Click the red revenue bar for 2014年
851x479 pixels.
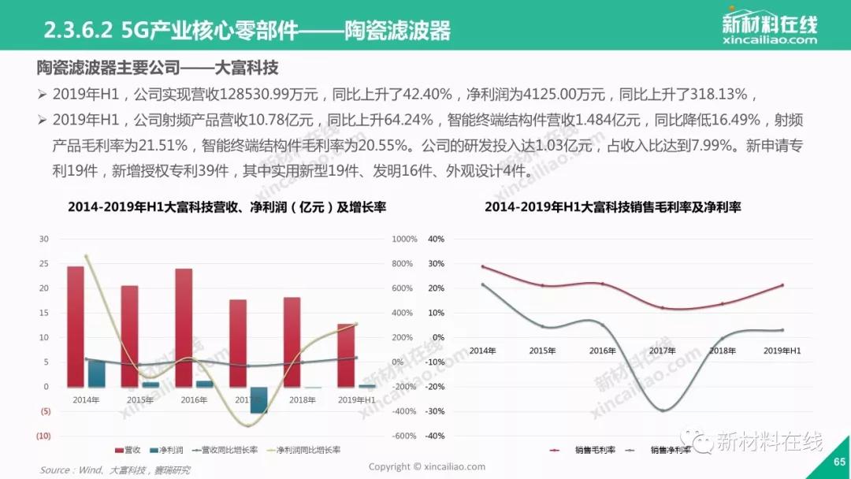point(75,326)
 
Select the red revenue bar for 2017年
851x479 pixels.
point(237,343)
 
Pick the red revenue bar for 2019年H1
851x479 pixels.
point(345,355)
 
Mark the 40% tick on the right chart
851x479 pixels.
point(435,239)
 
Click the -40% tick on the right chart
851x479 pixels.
point(434,436)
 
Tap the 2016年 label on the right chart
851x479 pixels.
point(602,350)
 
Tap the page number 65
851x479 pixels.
point(838,462)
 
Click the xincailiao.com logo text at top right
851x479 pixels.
point(769,39)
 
